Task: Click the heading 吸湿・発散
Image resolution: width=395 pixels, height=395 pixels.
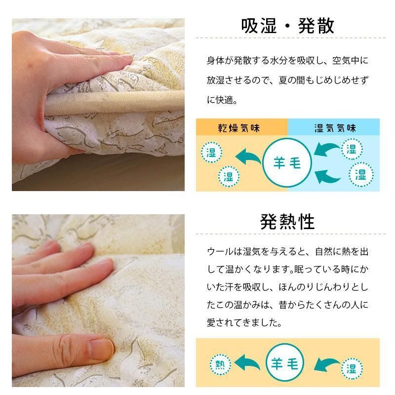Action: coord(287,26)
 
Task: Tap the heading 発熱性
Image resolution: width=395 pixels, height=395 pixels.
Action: coord(287,222)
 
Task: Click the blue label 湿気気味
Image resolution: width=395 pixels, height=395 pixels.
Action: coord(335,128)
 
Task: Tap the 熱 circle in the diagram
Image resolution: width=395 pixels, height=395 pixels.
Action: coord(220,365)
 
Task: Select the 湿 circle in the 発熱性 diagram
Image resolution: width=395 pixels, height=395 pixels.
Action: coord(352,368)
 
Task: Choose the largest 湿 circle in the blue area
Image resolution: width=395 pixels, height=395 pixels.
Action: coord(361,174)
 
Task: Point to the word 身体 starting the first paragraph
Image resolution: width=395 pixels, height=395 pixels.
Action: coord(214,61)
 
